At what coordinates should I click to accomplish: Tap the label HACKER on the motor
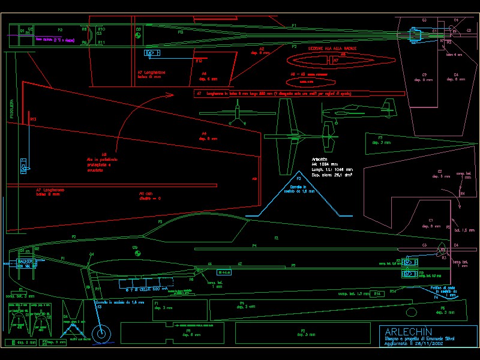[25, 262]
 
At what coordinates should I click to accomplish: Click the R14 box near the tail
[377, 294]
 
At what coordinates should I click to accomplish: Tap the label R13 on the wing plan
[33, 119]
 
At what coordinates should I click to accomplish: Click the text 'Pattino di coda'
[443, 288]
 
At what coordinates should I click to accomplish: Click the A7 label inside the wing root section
[336, 60]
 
